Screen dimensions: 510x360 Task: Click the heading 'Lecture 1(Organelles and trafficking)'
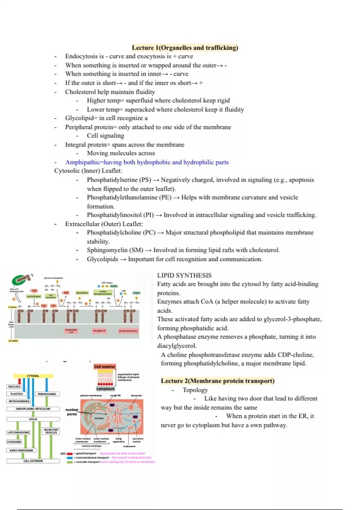click(x=185, y=48)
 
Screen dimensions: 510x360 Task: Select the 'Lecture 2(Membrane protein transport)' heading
click(x=217, y=381)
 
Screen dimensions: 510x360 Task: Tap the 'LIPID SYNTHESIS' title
click(x=184, y=275)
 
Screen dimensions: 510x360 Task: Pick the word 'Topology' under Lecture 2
click(x=195, y=390)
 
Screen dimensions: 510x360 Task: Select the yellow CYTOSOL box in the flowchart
click(x=33, y=376)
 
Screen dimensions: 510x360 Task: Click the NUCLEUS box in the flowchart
click(x=14, y=387)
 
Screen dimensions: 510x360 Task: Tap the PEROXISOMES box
click(x=47, y=394)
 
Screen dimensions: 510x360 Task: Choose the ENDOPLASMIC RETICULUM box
click(x=33, y=409)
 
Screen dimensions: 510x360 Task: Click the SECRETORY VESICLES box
click(x=51, y=431)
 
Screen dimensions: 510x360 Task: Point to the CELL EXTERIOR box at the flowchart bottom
click(x=33, y=461)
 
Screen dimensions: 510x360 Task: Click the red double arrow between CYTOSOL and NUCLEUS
click(x=19, y=381)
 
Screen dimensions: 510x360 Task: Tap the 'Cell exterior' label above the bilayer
click(x=105, y=367)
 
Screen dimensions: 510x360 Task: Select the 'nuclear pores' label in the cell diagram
click(x=72, y=412)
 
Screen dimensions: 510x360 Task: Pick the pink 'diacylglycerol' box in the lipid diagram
click(x=99, y=331)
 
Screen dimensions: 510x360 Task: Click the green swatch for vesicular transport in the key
click(x=70, y=462)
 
